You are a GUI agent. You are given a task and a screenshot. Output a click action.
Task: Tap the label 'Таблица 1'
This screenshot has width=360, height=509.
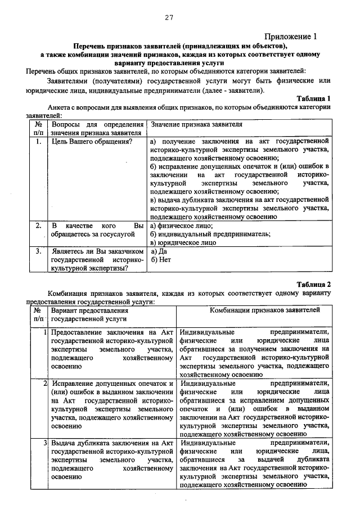pyautogui.click(x=313, y=98)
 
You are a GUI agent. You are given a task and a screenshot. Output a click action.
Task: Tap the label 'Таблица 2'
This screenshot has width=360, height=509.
pyautogui.click(x=313, y=284)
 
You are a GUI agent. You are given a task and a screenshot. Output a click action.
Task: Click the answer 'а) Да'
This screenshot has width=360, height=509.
pyautogui.click(x=159, y=251)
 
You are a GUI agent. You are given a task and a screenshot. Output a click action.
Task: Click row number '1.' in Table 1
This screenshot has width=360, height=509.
pyautogui.click(x=38, y=142)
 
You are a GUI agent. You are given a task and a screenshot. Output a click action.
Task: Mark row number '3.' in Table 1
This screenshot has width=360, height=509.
pyautogui.click(x=38, y=251)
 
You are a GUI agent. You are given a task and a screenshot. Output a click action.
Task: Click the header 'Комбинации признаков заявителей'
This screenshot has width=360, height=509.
pyautogui.click(x=265, y=310)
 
